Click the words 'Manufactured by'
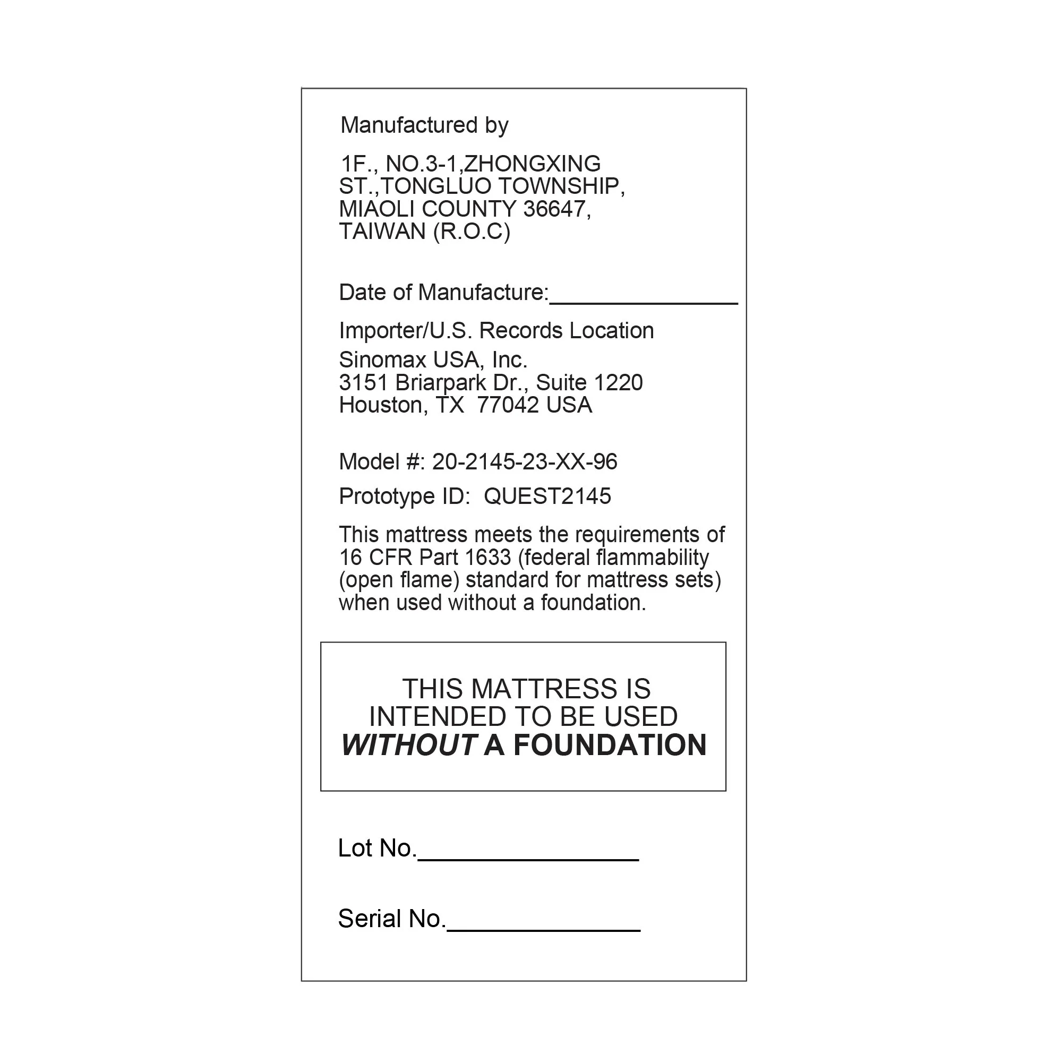(x=424, y=125)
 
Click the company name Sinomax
(x=382, y=360)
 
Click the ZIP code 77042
(x=508, y=405)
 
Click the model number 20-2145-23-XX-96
(x=525, y=462)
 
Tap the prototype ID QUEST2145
(x=547, y=496)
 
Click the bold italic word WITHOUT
(x=408, y=746)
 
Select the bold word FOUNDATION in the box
(x=610, y=746)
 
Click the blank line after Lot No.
(x=528, y=858)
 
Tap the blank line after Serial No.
(x=544, y=928)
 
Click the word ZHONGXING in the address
(x=532, y=164)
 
